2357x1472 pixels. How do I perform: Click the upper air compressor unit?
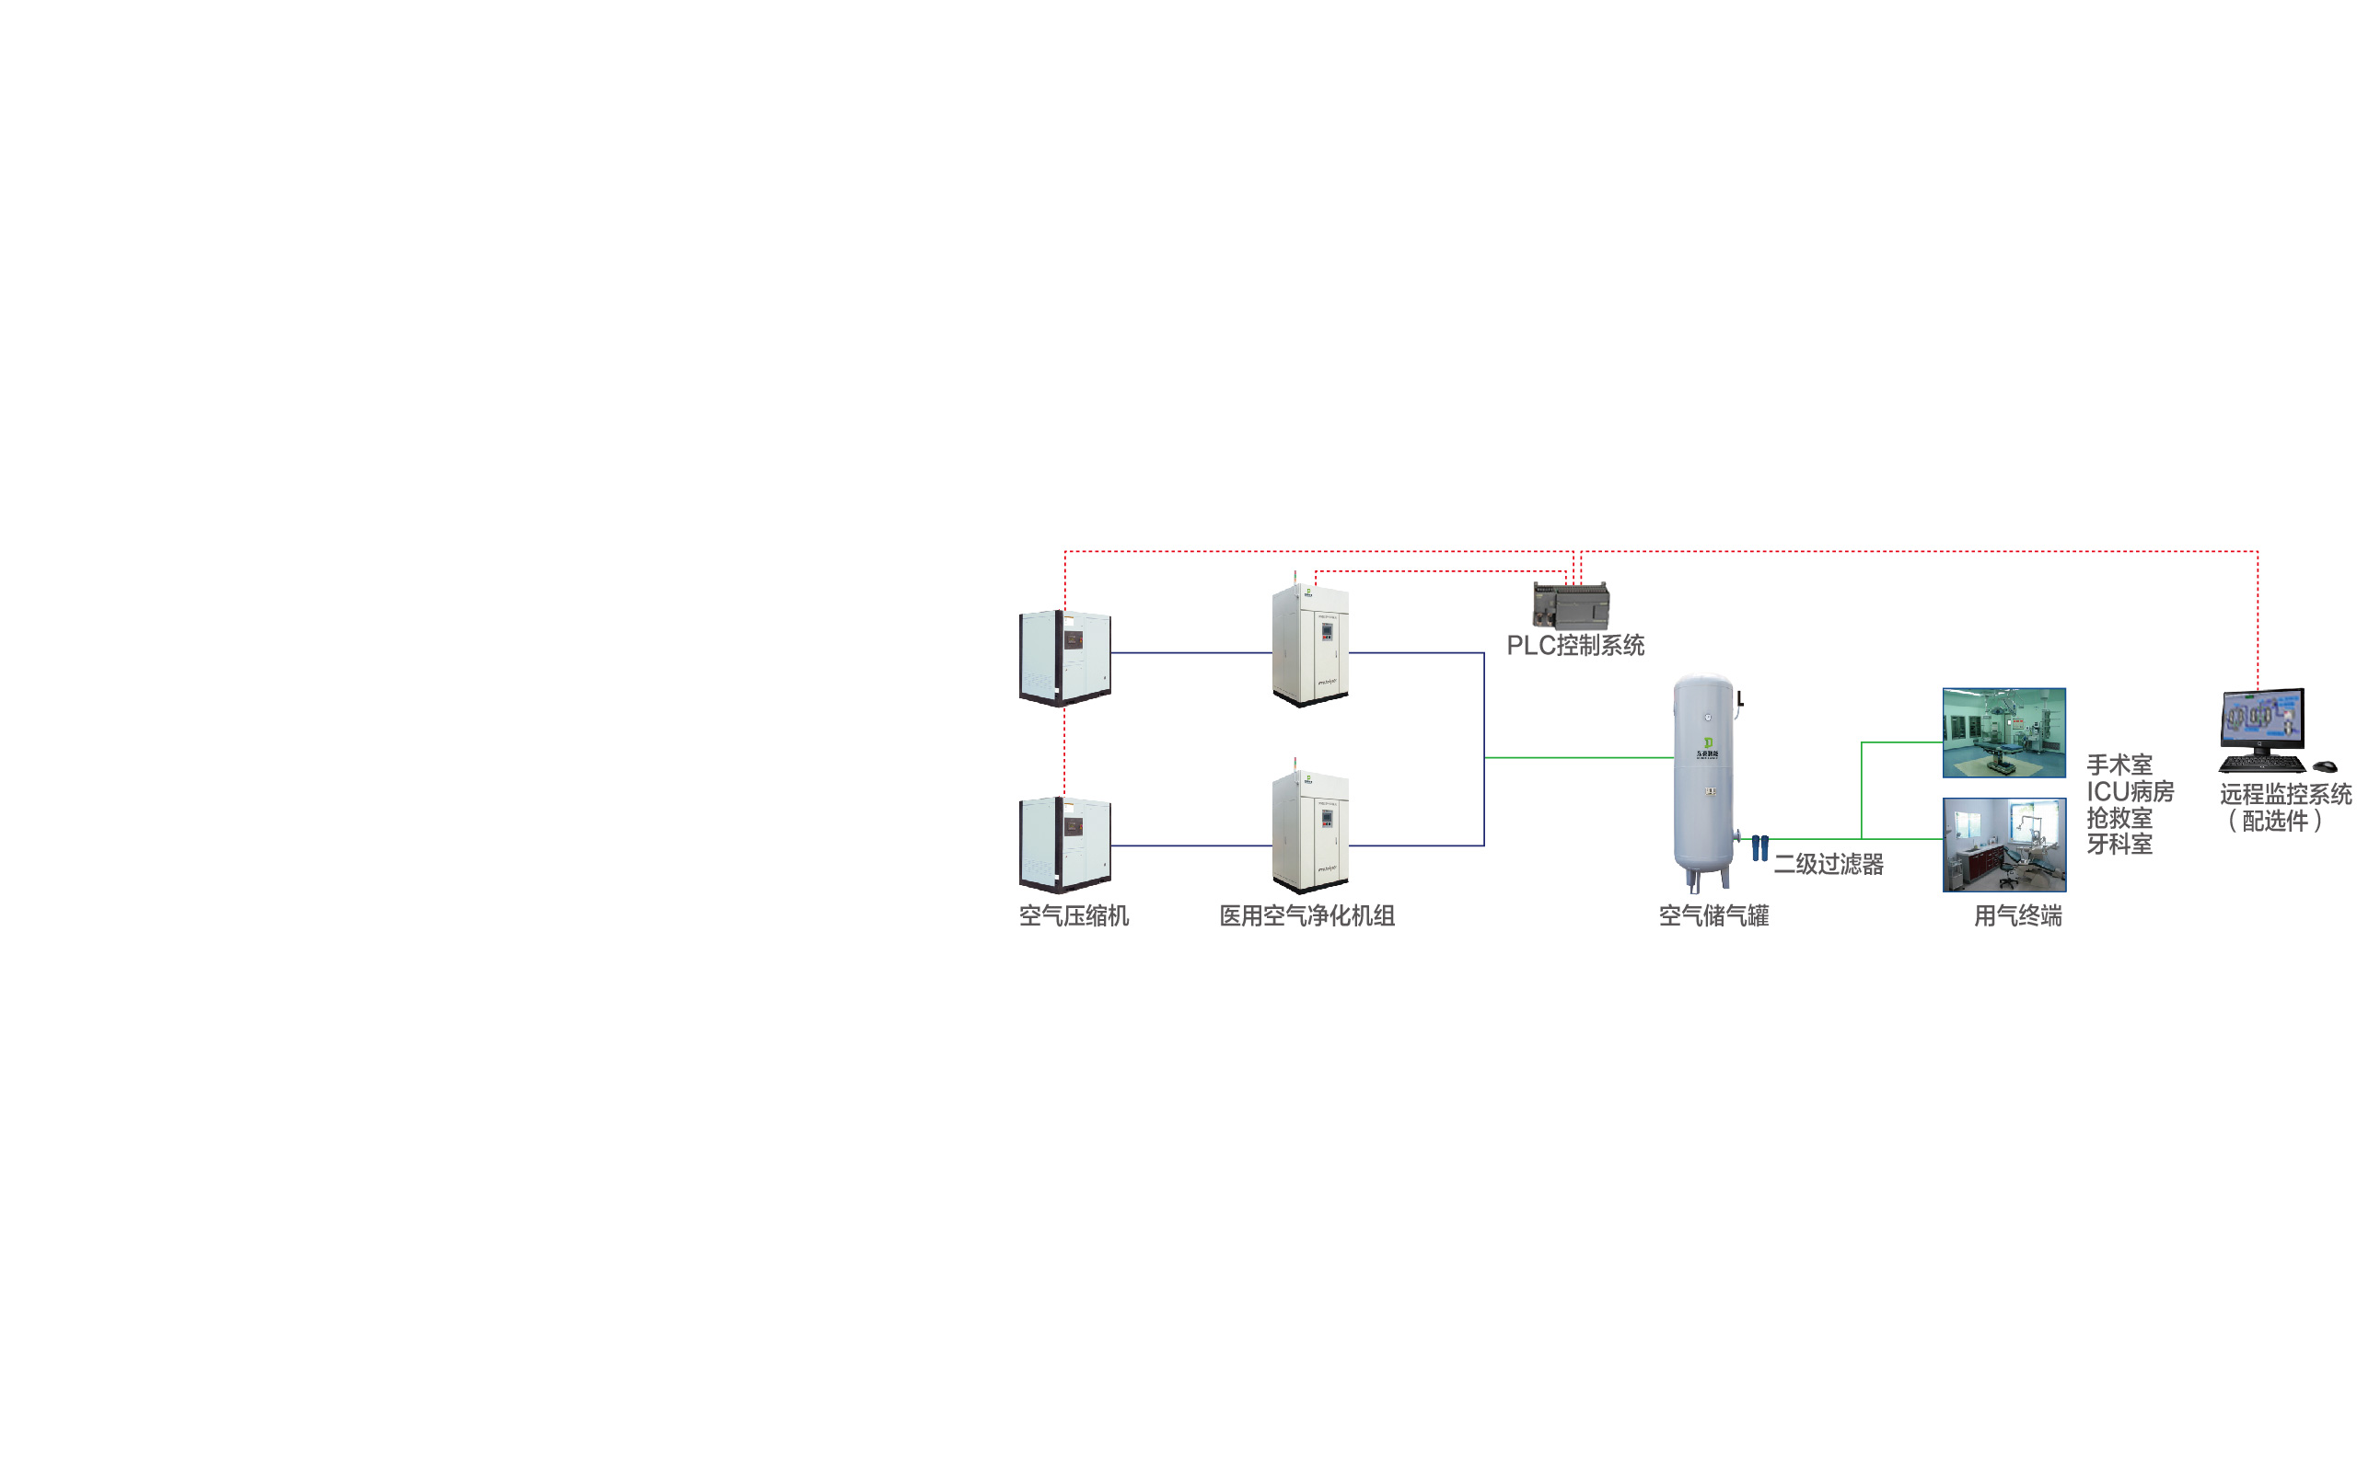[x=1064, y=657]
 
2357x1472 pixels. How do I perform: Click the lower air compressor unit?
[x=1064, y=844]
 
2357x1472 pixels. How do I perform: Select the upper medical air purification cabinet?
[x=1310, y=646]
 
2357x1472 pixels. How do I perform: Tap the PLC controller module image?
[x=1571, y=605]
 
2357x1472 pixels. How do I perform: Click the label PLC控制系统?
[x=1575, y=646]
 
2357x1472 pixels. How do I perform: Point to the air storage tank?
[x=1703, y=779]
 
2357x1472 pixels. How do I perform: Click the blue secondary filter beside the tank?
[x=1760, y=847]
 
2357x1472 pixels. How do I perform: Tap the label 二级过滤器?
[x=1829, y=865]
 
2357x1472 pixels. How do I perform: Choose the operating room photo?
[x=2003, y=733]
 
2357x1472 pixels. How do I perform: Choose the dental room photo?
[x=2003, y=844]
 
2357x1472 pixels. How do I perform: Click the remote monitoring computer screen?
[x=2262, y=717]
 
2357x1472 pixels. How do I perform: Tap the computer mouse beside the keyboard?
[x=2325, y=766]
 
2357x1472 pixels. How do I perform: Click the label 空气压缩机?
[x=1074, y=916]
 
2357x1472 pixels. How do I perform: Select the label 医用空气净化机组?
[x=1307, y=916]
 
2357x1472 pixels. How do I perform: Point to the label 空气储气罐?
[x=1713, y=916]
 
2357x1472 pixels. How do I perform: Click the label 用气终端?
[x=2017, y=916]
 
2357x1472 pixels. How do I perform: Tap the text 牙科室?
[x=2119, y=844]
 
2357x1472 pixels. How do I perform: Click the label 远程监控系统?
[x=2285, y=794]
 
